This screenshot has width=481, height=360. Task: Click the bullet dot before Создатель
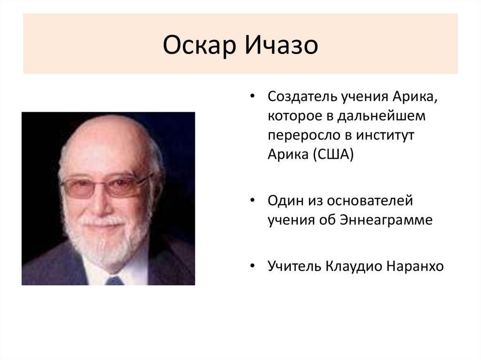pos(253,97)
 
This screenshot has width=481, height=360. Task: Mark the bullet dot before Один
pos(253,201)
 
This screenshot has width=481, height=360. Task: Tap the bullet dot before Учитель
pos(253,267)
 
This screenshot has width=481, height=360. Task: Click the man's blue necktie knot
pos(114,281)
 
